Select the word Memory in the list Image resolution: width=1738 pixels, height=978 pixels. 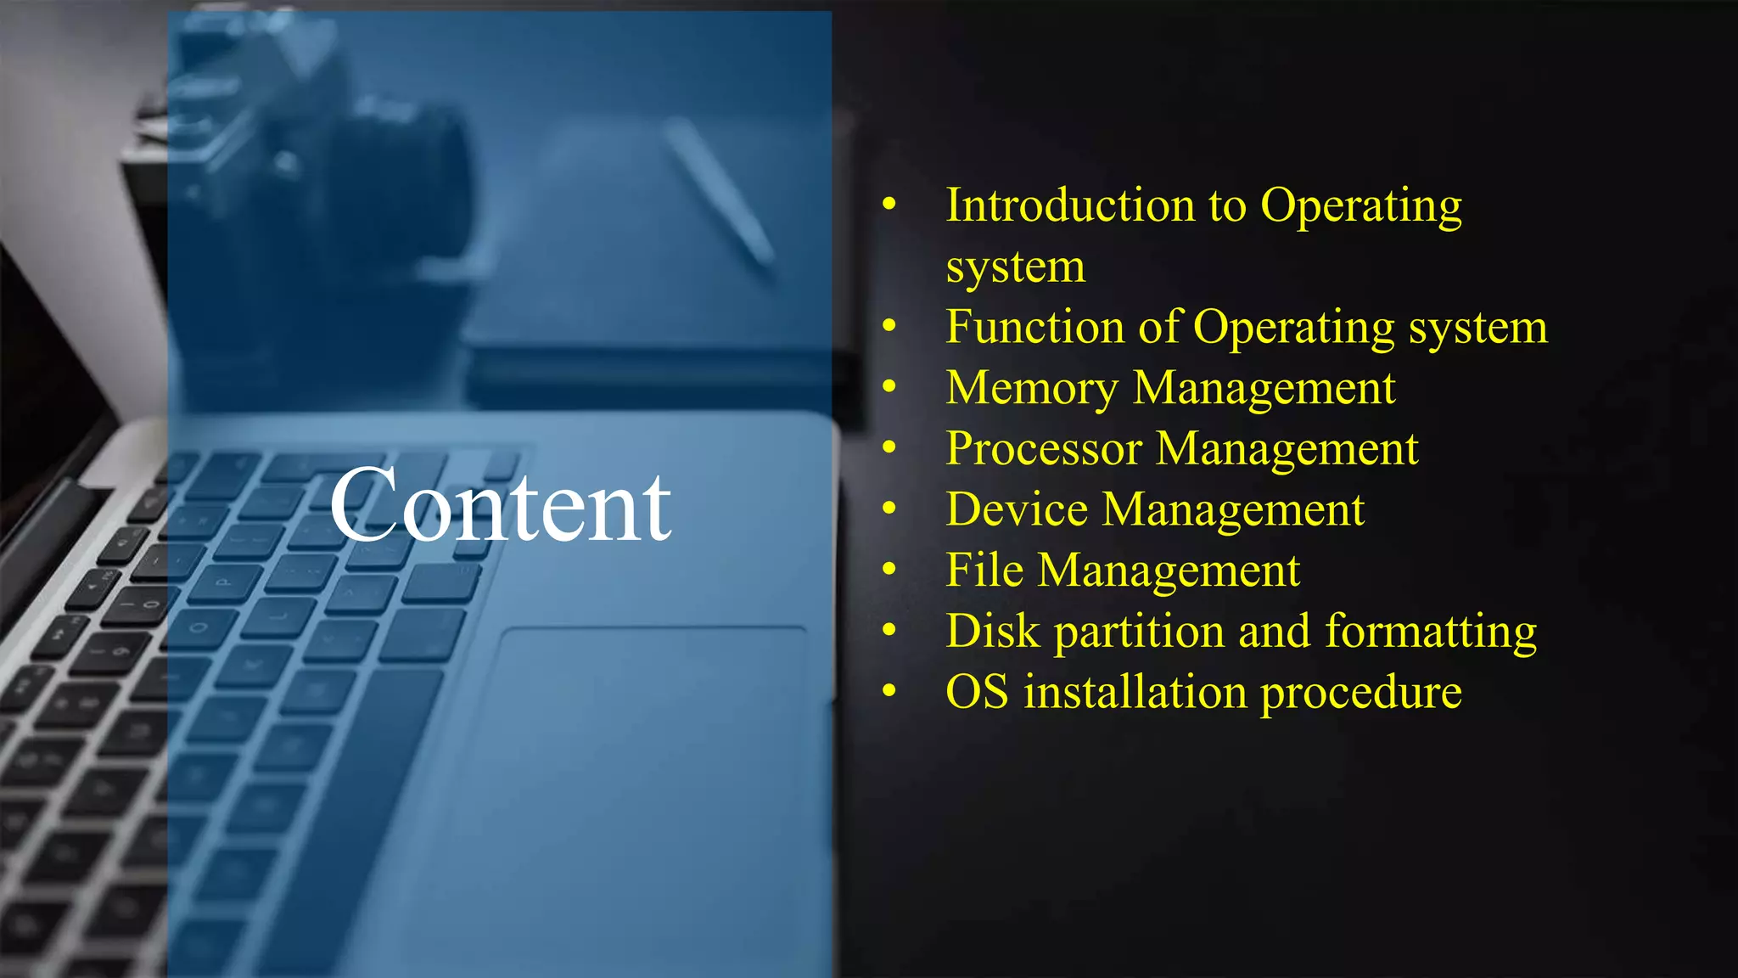[x=1032, y=389]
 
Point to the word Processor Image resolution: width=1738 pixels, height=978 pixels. [x=1043, y=449]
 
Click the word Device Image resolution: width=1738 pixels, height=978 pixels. [x=1017, y=509]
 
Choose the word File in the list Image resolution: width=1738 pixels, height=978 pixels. [x=984, y=570]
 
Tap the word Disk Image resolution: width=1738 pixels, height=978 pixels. [x=993, y=632]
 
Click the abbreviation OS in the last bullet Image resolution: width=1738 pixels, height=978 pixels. [x=977, y=692]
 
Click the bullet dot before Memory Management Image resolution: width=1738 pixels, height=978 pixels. [x=889, y=387]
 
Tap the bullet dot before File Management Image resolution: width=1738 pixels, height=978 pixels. [x=889, y=569]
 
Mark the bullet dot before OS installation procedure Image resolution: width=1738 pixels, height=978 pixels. [x=889, y=691]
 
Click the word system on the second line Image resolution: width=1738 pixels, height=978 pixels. [x=1015, y=268]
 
